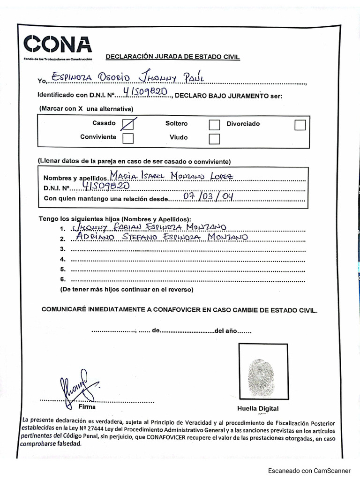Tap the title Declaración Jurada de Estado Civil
[172, 57]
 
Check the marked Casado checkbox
[127, 124]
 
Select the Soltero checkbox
[214, 125]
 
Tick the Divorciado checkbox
[300, 125]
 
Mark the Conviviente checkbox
[127, 138]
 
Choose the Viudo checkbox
[214, 138]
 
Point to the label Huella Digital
[257, 408]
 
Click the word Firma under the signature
[87, 407]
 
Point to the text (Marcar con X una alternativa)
[86, 108]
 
